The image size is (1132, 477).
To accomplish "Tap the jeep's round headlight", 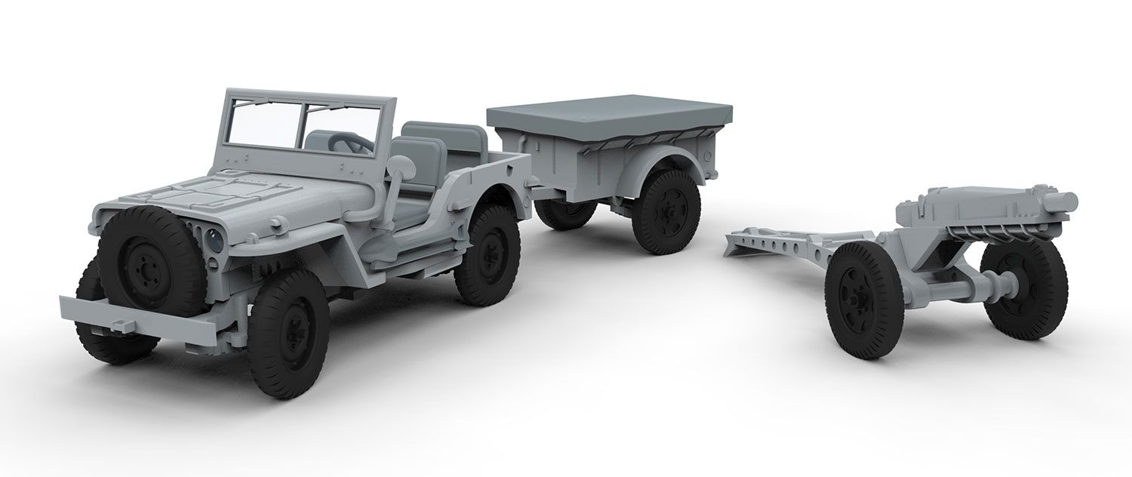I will (214, 242).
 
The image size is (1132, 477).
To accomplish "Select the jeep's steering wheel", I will (349, 141).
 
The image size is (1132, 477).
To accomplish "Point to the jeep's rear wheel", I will (487, 254).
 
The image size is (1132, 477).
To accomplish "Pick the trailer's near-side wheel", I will (666, 211).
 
